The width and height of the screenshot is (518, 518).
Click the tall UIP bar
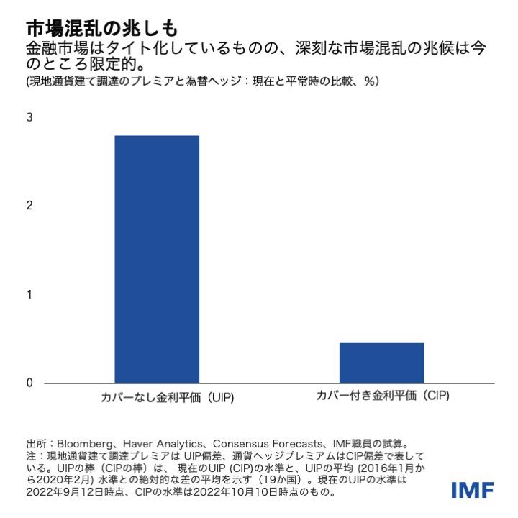pyautogui.click(x=157, y=259)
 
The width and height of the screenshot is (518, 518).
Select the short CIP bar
pyautogui.click(x=381, y=363)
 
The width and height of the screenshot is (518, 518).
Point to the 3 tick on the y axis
pyautogui.click(x=29, y=117)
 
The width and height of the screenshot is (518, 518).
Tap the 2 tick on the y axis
pyautogui.click(x=29, y=206)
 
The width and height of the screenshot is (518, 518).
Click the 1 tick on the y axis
pyautogui.click(x=29, y=294)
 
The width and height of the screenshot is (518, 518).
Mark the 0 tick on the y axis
pyautogui.click(x=29, y=383)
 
